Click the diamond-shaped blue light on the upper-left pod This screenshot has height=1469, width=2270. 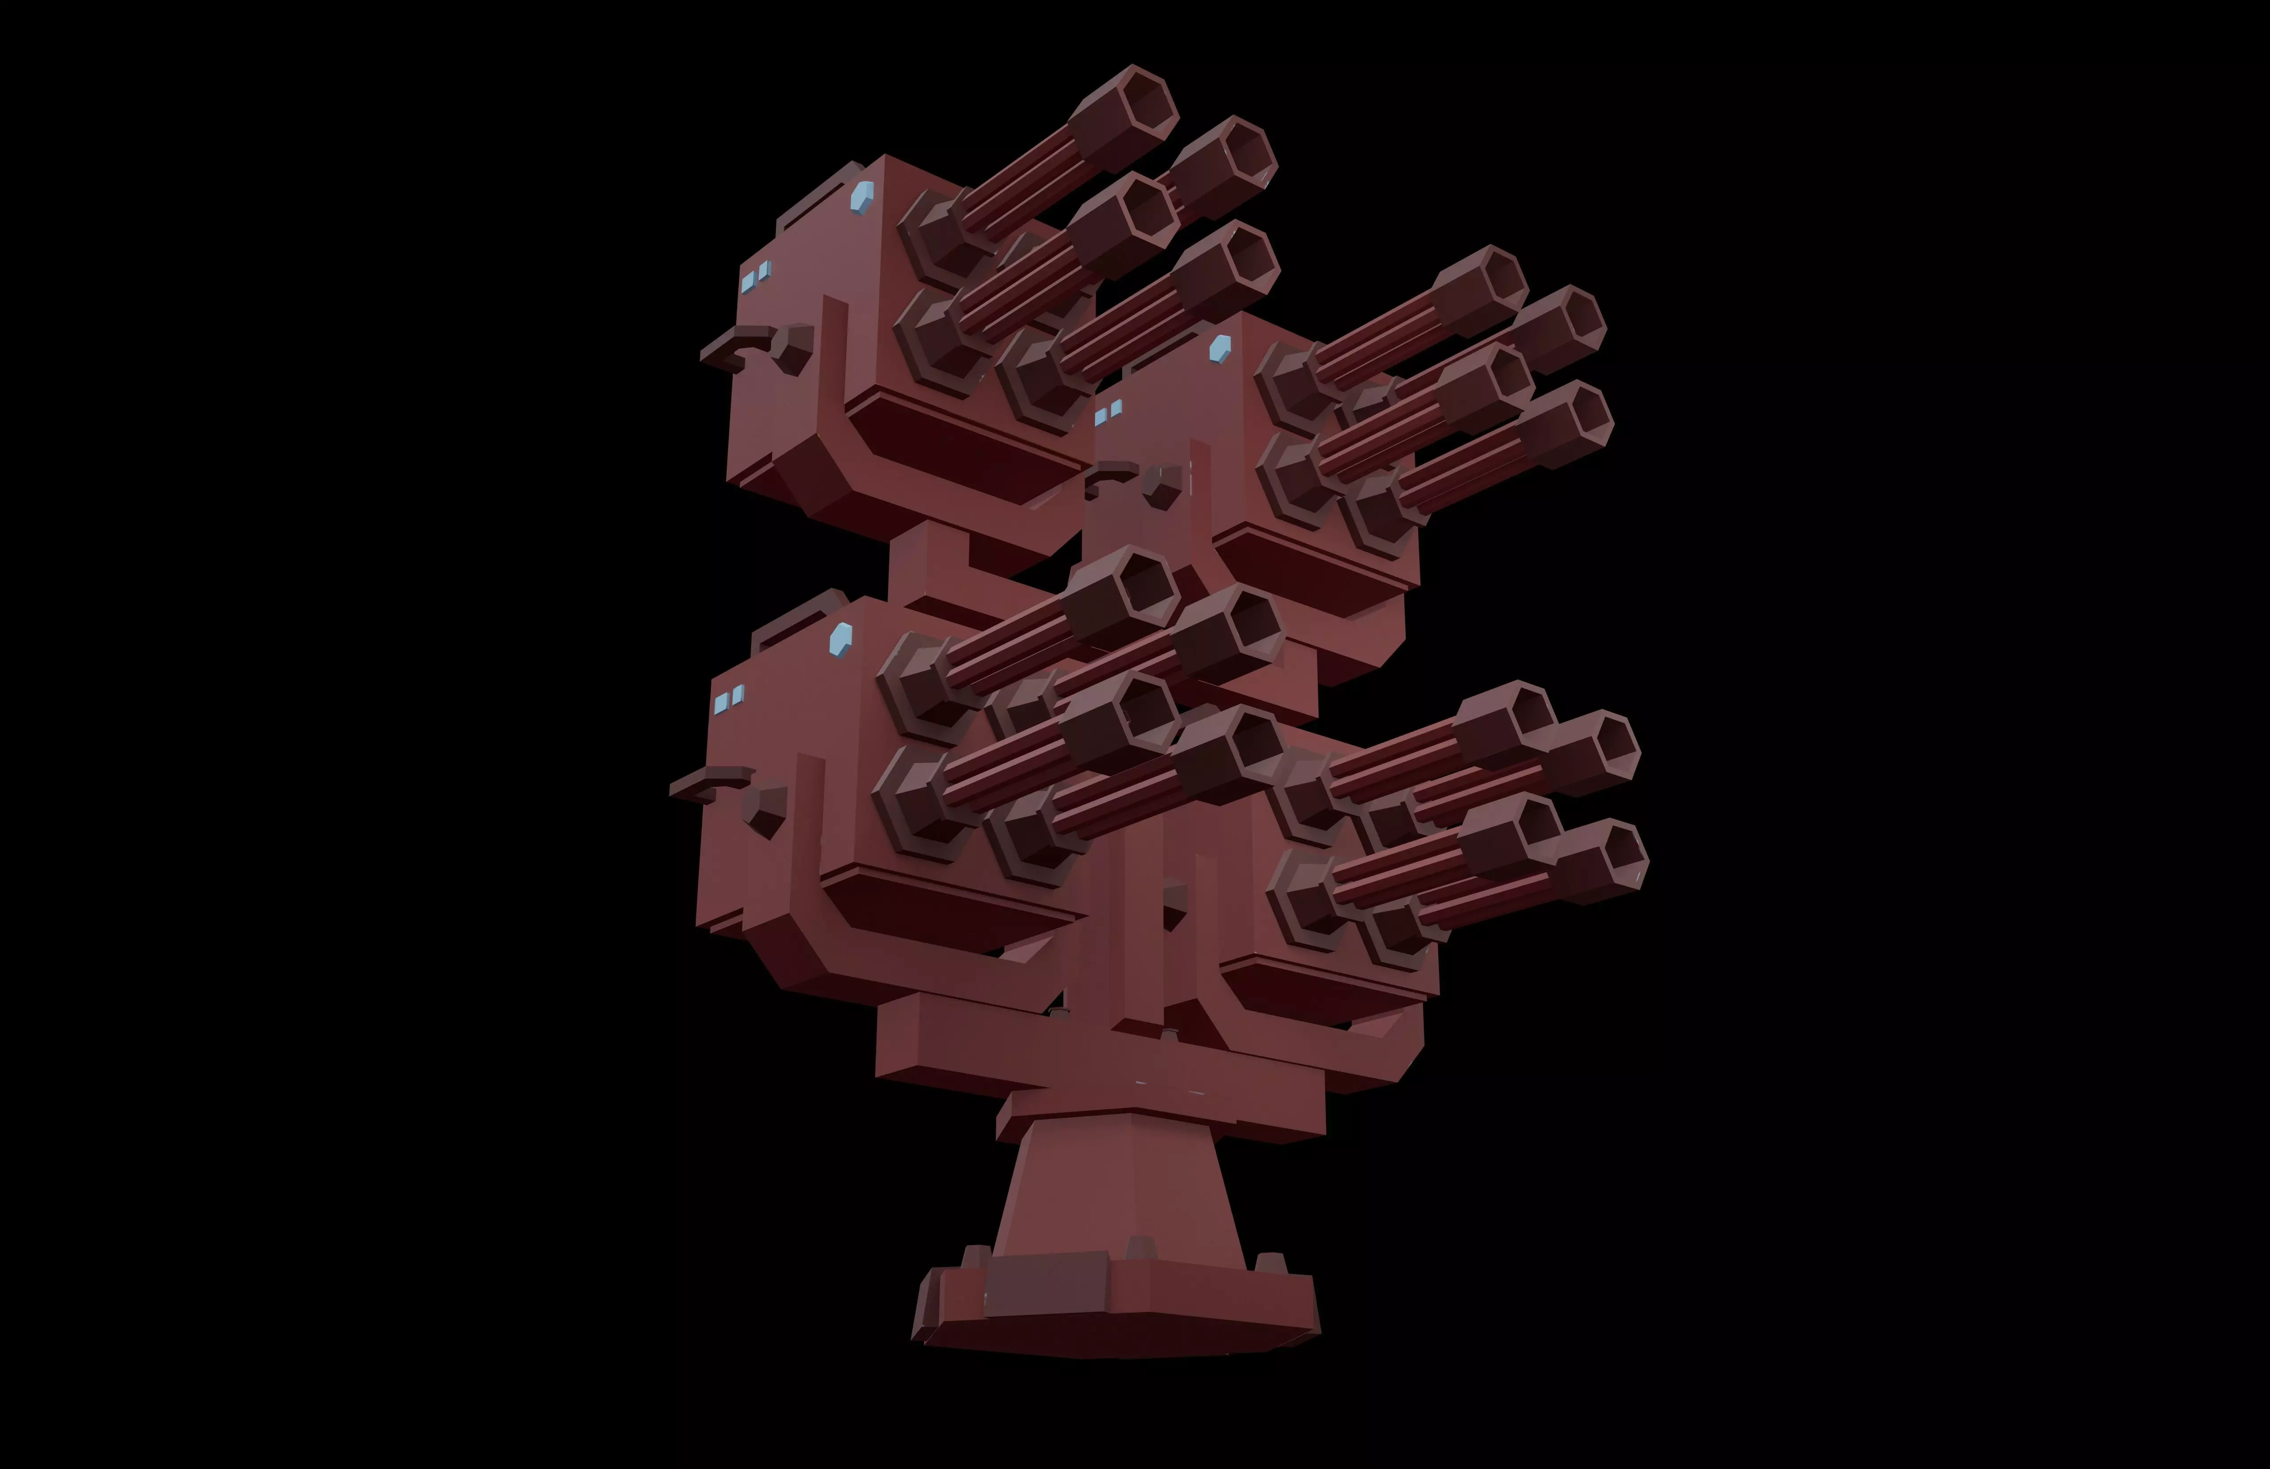[x=862, y=198]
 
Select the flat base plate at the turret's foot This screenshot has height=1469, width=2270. [x=1116, y=1311]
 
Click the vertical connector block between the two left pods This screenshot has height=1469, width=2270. [x=930, y=563]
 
